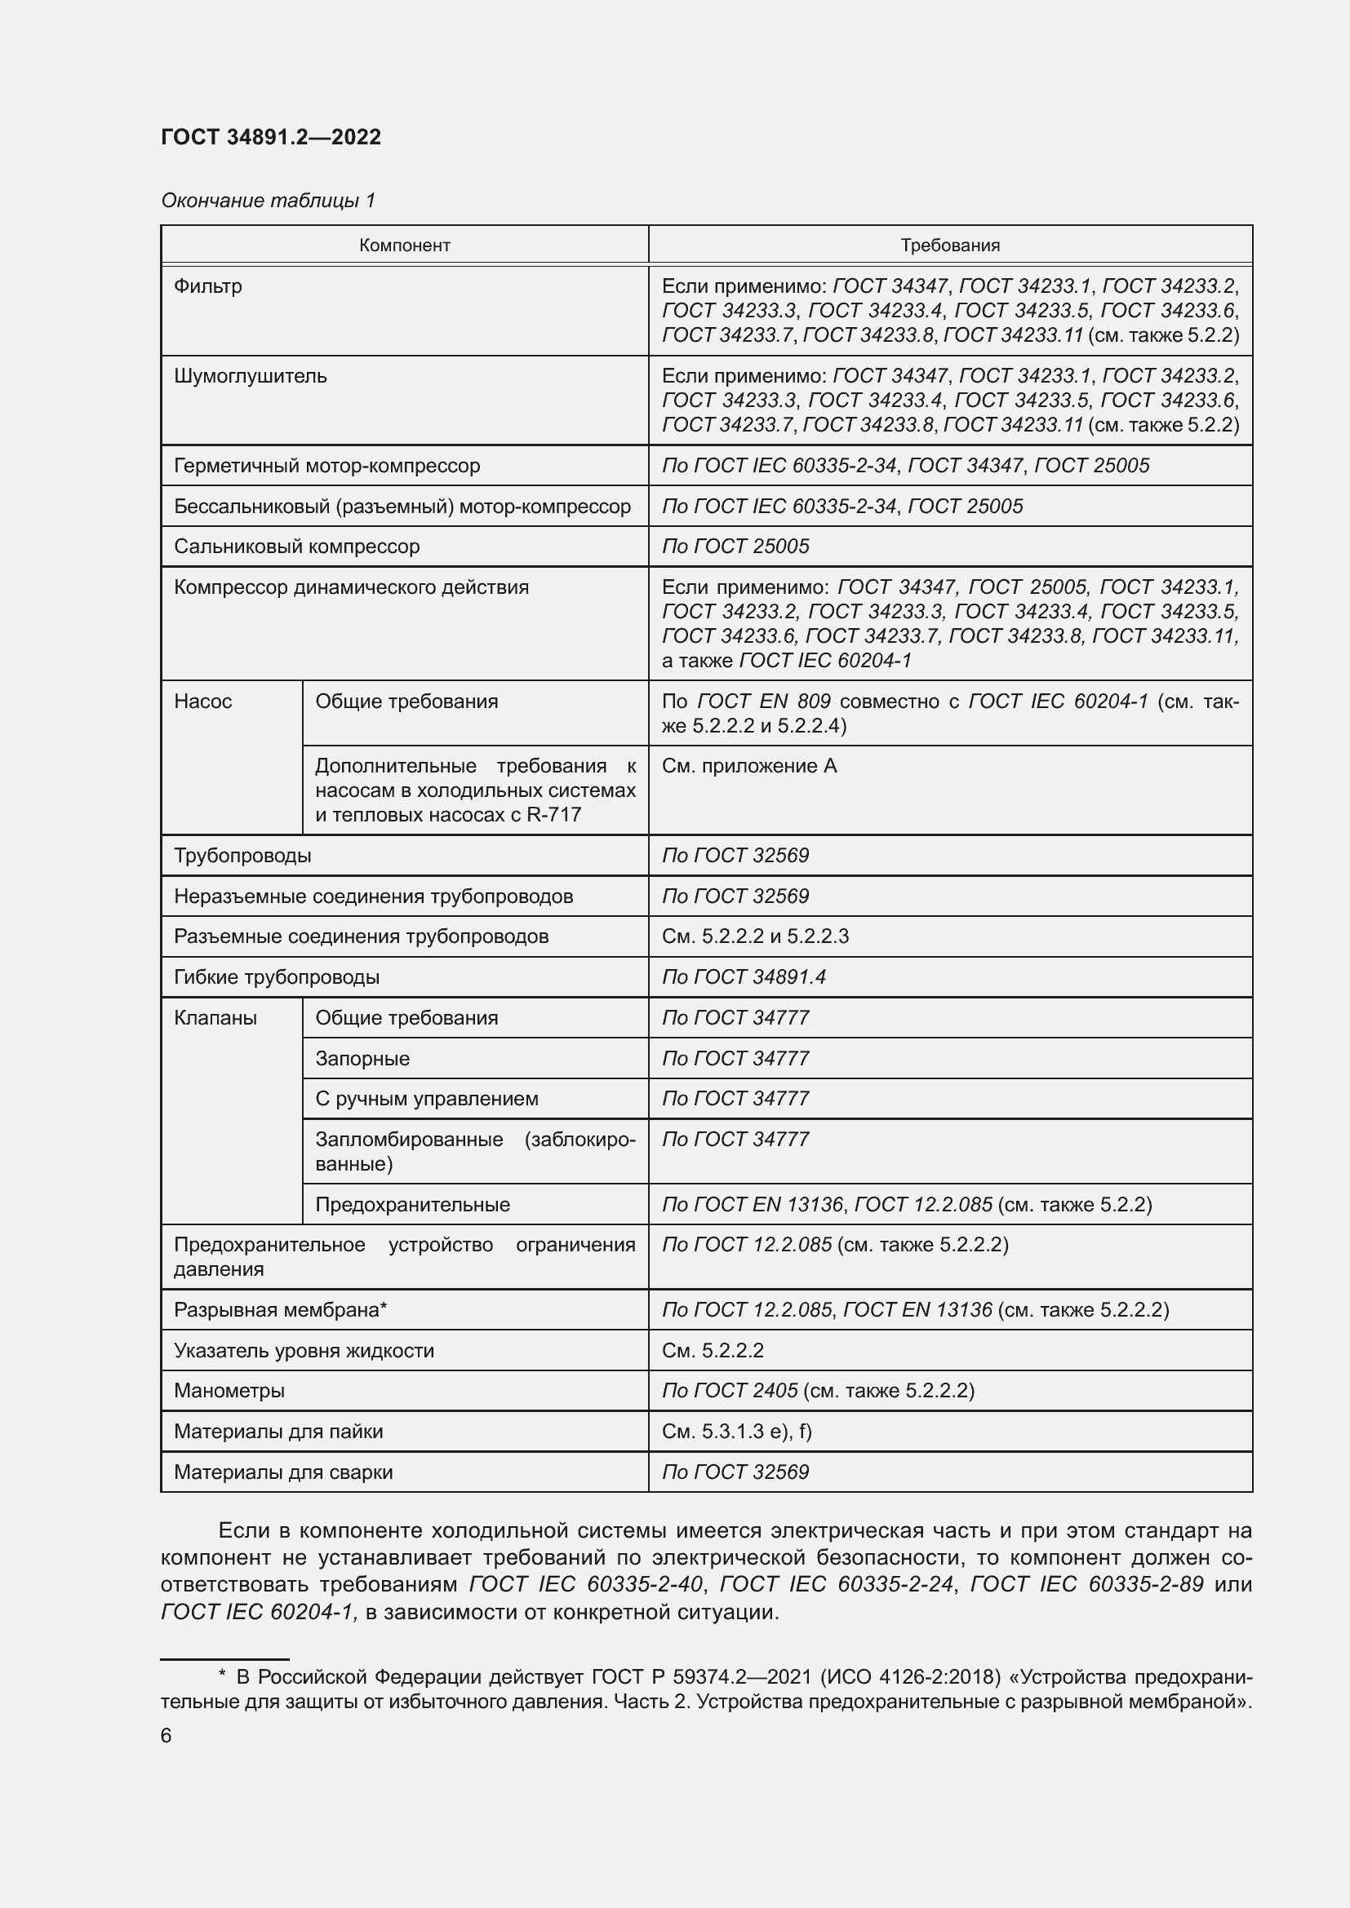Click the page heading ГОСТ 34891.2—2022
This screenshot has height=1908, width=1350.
pyautogui.click(x=271, y=137)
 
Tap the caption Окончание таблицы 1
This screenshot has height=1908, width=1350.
pyautogui.click(x=268, y=201)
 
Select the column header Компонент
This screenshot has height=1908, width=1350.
pyautogui.click(x=404, y=246)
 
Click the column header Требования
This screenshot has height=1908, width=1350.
pyautogui.click(x=949, y=246)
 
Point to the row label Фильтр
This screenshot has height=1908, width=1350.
pyautogui.click(x=208, y=286)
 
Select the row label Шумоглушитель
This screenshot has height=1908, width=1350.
pyautogui.click(x=251, y=375)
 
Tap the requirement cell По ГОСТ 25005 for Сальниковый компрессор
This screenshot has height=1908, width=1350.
pyautogui.click(x=735, y=546)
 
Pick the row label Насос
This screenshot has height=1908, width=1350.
pyautogui.click(x=203, y=702)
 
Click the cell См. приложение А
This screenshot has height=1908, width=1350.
pyautogui.click(x=749, y=765)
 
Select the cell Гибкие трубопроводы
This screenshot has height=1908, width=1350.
pyautogui.click(x=276, y=976)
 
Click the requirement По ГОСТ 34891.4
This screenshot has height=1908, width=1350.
pyautogui.click(x=744, y=976)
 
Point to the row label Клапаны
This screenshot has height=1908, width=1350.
pyautogui.click(x=215, y=1018)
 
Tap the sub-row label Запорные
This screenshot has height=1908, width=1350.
pyautogui.click(x=362, y=1058)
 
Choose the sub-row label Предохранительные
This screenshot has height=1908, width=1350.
pyautogui.click(x=412, y=1204)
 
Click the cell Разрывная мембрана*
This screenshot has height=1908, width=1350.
pyautogui.click(x=280, y=1310)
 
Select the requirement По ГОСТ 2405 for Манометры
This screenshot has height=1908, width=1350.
pyautogui.click(x=730, y=1390)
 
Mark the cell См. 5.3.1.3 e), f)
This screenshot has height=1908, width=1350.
pyautogui.click(x=736, y=1431)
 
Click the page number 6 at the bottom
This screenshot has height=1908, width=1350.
pyautogui.click(x=167, y=1736)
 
